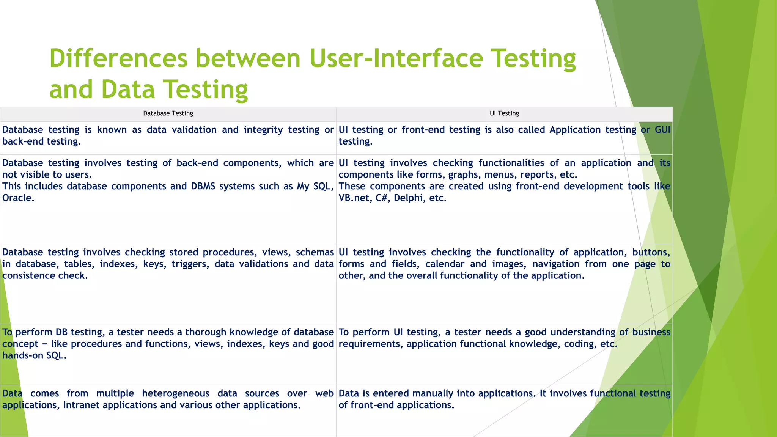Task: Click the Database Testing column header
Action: click(x=168, y=113)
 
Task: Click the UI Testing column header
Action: click(x=504, y=113)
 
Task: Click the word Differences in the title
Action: click(x=118, y=59)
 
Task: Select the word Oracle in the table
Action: click(x=17, y=198)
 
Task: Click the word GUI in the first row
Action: click(x=662, y=130)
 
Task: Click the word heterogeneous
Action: click(x=176, y=393)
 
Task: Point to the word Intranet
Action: click(x=81, y=405)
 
